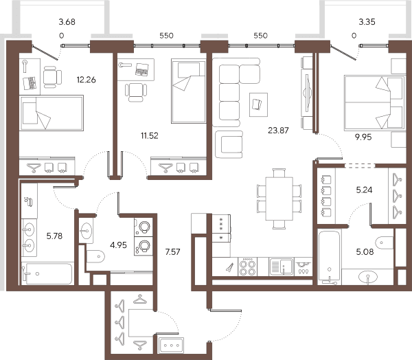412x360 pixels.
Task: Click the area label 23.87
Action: click(278, 130)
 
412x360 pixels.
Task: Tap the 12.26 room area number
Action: click(87, 80)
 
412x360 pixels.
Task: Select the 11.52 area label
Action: click(150, 136)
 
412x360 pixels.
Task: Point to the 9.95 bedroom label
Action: click(363, 137)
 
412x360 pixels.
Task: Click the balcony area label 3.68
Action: click(67, 22)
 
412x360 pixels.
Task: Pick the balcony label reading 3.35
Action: click(367, 22)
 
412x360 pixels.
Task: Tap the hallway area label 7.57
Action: click(172, 252)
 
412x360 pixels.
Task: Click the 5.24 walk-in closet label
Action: click(364, 190)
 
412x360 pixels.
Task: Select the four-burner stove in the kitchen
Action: click(247, 267)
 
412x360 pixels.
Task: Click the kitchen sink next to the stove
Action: click(281, 267)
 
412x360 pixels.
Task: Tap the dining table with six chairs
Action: click(279, 199)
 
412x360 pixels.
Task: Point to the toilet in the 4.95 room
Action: click(95, 256)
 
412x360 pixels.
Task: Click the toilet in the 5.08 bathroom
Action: click(384, 243)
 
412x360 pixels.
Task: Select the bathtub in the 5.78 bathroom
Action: click(47, 273)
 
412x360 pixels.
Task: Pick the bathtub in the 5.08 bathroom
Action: click(329, 257)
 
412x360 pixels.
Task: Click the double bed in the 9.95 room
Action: click(375, 103)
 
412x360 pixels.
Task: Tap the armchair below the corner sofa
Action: click(229, 144)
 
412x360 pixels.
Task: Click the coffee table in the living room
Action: click(259, 104)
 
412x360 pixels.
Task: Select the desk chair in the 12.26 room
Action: click(52, 77)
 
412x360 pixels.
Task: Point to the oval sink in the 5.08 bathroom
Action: click(368, 276)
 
